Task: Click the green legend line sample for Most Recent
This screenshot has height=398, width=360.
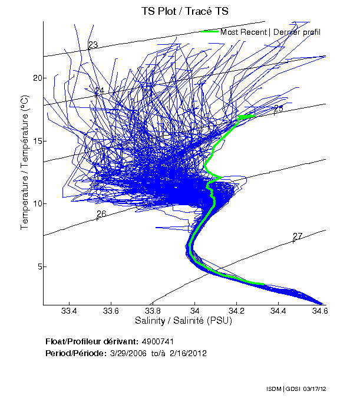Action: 210,31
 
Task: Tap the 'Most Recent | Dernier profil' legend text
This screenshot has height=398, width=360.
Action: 270,32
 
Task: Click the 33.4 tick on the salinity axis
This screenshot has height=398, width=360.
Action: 70,311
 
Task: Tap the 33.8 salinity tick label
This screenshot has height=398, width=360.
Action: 153,311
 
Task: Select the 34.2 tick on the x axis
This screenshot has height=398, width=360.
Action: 236,311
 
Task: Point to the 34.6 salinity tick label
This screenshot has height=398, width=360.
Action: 320,311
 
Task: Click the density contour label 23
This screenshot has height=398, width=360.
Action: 93,45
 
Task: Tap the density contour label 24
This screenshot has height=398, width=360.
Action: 99,91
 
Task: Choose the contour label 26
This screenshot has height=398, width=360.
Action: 101,214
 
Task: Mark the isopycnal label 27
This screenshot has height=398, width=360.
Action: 298,236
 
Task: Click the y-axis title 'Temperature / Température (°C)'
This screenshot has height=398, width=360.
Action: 25,163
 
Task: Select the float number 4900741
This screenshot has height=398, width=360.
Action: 158,341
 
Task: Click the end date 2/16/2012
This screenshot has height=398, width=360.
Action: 187,353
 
